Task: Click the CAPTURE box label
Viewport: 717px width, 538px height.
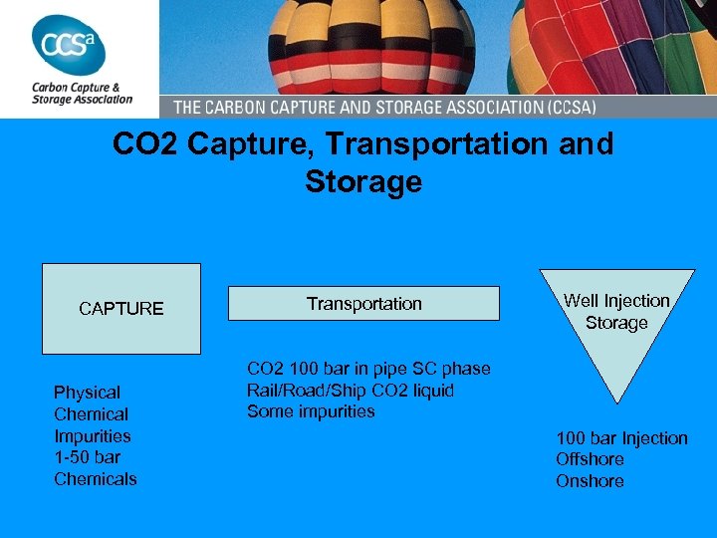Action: pyautogui.click(x=120, y=309)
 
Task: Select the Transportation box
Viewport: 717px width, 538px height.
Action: pyautogui.click(x=363, y=304)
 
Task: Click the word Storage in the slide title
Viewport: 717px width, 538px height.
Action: pyautogui.click(x=363, y=182)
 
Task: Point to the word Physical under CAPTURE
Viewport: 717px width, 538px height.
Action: pyautogui.click(x=87, y=393)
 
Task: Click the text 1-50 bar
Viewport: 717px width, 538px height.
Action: pyautogui.click(x=87, y=457)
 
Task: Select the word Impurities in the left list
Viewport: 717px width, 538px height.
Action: pyautogui.click(x=93, y=435)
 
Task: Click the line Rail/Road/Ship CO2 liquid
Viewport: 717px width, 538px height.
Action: pyautogui.click(x=351, y=391)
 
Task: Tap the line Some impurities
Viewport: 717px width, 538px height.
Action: pyautogui.click(x=311, y=411)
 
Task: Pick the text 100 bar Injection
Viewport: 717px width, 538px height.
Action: pyautogui.click(x=621, y=438)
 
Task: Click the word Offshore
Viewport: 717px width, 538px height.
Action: pyautogui.click(x=591, y=459)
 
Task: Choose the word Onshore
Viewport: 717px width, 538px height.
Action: pyautogui.click(x=590, y=481)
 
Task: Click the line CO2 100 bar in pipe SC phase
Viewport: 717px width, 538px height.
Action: pyautogui.click(x=368, y=369)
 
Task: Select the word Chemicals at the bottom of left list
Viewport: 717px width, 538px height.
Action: pyautogui.click(x=96, y=479)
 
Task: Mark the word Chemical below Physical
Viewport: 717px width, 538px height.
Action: pyautogui.click(x=91, y=414)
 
